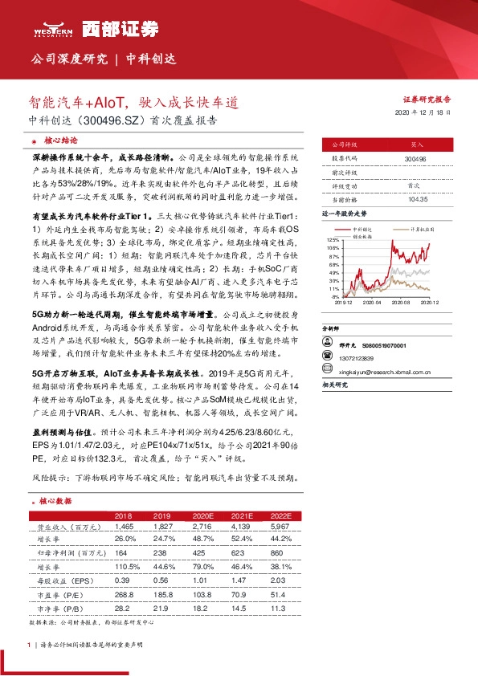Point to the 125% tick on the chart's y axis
pos(333,240)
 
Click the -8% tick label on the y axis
pos(335,297)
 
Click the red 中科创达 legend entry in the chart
pos(366,230)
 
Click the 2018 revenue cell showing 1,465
pos(124,526)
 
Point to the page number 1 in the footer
pos(29,645)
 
